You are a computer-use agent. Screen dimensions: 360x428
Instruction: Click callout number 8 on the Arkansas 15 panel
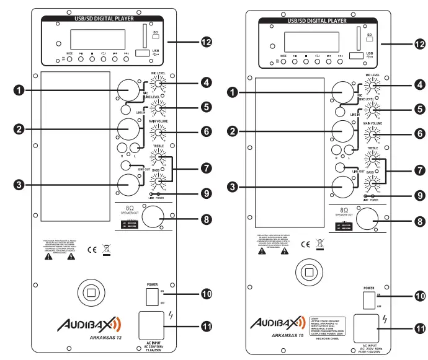(x=419, y=219)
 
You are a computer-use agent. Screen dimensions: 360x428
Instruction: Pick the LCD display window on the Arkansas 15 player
(x=303, y=42)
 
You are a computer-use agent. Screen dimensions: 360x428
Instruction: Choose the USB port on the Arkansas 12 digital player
(x=141, y=53)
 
